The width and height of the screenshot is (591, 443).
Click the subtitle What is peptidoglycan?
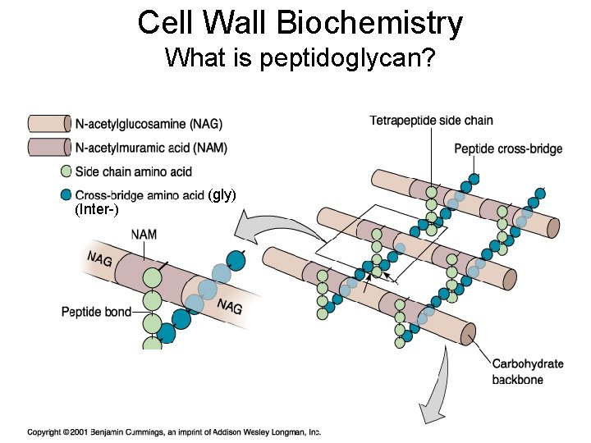pyautogui.click(x=300, y=58)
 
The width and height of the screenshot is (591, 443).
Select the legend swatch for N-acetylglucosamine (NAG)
pyautogui.click(x=49, y=124)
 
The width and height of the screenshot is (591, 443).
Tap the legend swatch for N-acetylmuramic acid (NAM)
pyautogui.click(x=49, y=148)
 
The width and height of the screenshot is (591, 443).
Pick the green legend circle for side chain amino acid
pyautogui.click(x=66, y=171)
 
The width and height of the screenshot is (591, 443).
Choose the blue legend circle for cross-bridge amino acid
pyautogui.click(x=66, y=195)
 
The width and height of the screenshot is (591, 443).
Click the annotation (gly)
pyautogui.click(x=222, y=194)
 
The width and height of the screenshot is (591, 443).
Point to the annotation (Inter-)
pyautogui.click(x=97, y=210)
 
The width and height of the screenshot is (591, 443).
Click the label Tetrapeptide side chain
pyautogui.click(x=431, y=121)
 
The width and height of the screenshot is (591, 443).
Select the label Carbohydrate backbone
pyautogui.click(x=528, y=372)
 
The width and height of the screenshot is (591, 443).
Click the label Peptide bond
pyautogui.click(x=96, y=312)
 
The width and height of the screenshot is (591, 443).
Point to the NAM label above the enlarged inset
pyautogui.click(x=144, y=235)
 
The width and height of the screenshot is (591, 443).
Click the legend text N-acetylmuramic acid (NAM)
pyautogui.click(x=151, y=148)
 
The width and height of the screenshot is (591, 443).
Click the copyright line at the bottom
pyautogui.click(x=174, y=432)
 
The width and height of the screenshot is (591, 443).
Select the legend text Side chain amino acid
pyautogui.click(x=134, y=172)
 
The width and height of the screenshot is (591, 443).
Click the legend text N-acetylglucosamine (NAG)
pyautogui.click(x=149, y=125)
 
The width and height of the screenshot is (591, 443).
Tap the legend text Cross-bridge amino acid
pyautogui.click(x=140, y=195)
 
